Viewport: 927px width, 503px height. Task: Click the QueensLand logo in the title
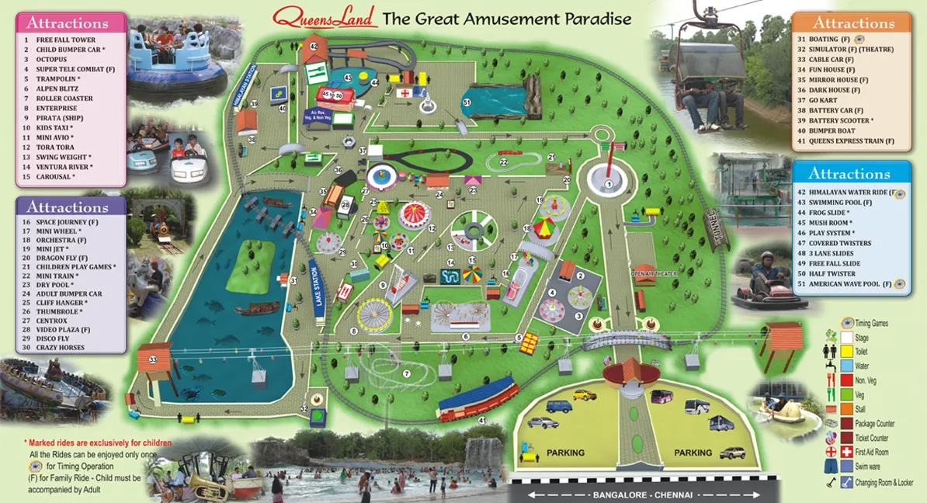[x=326, y=16]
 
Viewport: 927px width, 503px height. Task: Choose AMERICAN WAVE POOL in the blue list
[x=849, y=284]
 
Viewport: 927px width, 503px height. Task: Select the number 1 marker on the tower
[x=609, y=184]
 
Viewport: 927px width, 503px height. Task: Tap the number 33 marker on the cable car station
[x=153, y=359]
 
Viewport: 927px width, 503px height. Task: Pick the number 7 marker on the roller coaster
[x=406, y=373]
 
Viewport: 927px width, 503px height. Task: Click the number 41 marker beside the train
[x=481, y=420]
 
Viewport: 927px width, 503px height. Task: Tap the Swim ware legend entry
[x=865, y=466]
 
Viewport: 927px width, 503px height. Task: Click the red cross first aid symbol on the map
[x=404, y=92]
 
